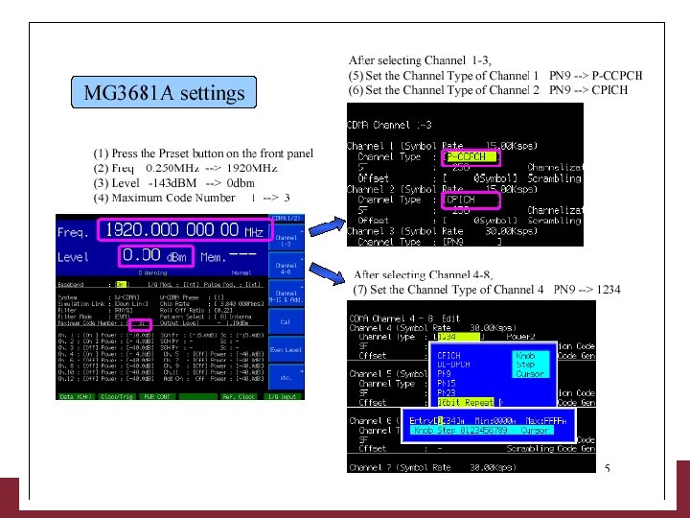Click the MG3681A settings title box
164,94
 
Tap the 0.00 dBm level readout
147,256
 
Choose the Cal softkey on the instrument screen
287,323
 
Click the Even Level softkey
287,350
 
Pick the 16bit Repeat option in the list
466,403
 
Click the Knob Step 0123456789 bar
479,431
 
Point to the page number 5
608,468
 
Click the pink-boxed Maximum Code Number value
140,324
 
